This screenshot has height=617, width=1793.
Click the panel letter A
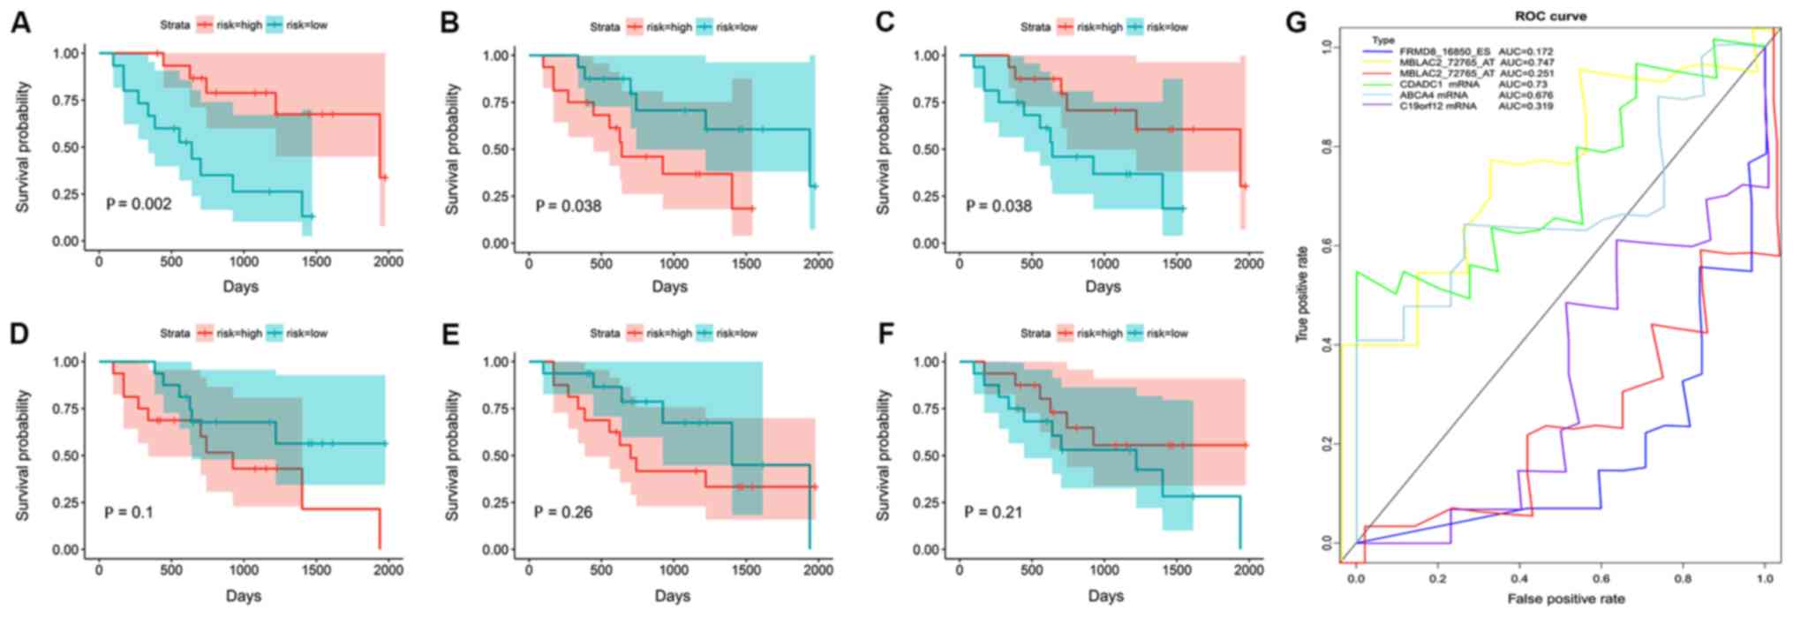20,22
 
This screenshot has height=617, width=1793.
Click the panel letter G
1295,22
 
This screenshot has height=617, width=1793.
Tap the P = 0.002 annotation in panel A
139,204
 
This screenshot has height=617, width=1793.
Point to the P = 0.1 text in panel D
128,511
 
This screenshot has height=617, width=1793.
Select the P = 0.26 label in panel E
563,511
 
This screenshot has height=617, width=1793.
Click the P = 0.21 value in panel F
993,511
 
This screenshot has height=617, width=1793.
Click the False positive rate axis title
1566,599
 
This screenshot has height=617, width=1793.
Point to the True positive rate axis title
1302,294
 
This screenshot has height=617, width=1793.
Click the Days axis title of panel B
670,286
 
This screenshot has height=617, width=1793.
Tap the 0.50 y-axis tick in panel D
69,455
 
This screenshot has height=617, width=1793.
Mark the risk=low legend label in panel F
1167,334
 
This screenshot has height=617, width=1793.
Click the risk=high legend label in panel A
239,25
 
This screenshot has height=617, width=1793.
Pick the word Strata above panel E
605,334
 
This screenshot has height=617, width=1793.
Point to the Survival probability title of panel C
884,148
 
